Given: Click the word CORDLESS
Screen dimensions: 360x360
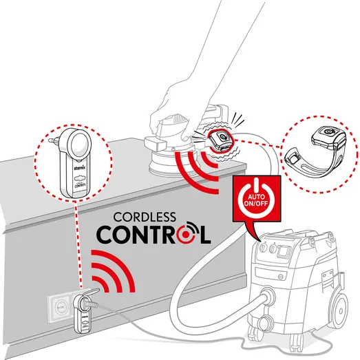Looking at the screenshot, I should pos(153,213).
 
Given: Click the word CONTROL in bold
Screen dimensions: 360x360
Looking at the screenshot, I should pos(153,233).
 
